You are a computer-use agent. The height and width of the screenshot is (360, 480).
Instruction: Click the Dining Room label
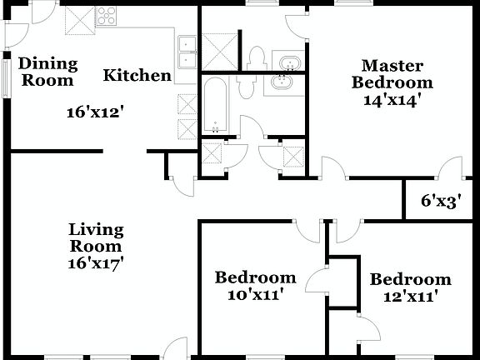48,72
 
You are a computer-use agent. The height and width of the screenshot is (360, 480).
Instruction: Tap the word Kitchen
137,76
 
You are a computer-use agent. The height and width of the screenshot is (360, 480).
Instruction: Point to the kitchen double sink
187,51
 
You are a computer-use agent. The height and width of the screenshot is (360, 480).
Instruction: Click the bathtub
215,106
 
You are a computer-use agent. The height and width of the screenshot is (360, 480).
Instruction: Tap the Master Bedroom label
392,73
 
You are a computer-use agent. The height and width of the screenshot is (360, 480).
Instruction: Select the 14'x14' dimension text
391,98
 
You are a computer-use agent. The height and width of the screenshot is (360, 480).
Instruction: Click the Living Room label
96,237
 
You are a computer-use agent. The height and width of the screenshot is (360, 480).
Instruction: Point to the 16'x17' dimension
96,262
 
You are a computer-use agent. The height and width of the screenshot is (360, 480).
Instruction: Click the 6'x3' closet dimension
441,201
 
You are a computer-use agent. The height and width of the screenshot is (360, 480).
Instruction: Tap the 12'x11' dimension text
410,295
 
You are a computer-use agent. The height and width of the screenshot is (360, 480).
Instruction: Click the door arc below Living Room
177,348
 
